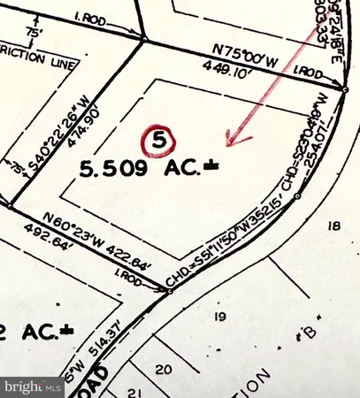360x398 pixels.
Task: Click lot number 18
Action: (x=333, y=226)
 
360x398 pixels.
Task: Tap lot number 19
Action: (x=220, y=316)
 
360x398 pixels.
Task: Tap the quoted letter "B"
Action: (x=310, y=334)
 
